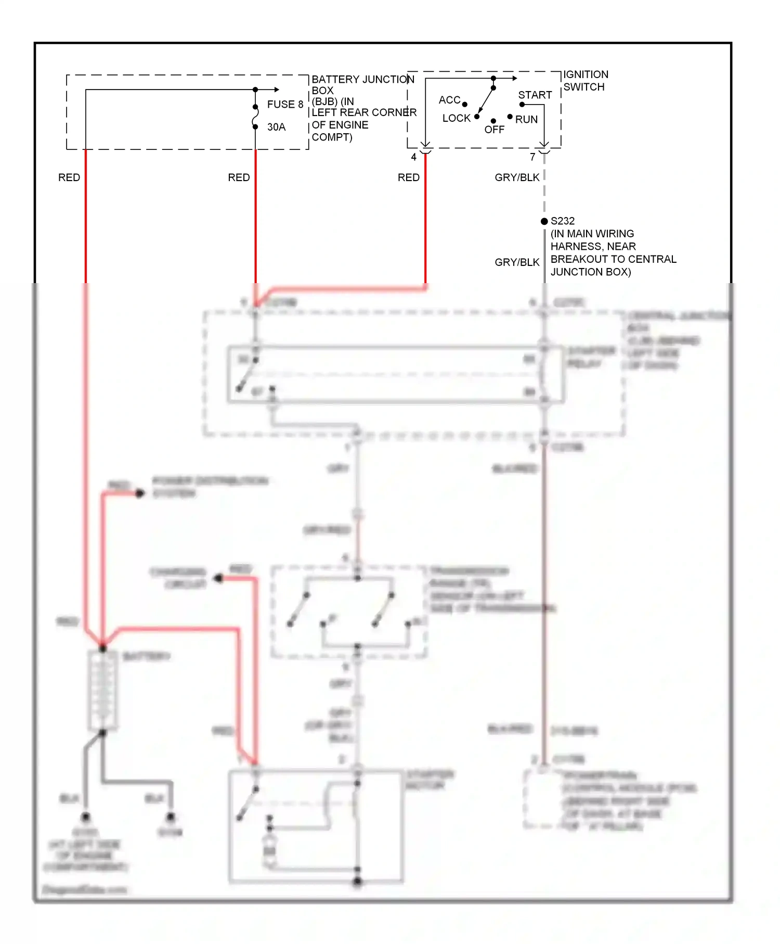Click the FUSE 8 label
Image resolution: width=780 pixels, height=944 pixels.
285,104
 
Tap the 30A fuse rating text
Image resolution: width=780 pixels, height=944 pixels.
276,127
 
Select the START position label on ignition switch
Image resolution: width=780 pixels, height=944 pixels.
535,95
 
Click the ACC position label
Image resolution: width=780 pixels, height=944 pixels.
449,99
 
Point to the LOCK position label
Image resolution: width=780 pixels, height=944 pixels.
456,118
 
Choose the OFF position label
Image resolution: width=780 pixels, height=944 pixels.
494,130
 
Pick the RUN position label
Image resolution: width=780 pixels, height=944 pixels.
526,119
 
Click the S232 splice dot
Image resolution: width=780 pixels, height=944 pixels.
544,221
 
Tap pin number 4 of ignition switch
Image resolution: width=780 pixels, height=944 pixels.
413,157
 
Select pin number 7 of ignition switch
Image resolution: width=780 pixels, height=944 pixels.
532,157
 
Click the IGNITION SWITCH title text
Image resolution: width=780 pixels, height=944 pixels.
585,81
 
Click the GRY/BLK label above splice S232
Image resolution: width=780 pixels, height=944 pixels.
517,177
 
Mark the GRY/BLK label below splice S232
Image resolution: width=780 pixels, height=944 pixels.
517,262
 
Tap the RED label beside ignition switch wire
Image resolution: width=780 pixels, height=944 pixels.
408,177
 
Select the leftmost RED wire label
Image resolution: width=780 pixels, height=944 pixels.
69,177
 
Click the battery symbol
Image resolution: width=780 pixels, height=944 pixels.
102,690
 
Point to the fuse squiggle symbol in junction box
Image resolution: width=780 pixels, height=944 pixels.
255,117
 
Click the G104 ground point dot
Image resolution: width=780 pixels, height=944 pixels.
171,818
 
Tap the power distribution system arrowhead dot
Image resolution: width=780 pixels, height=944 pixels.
139,493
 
